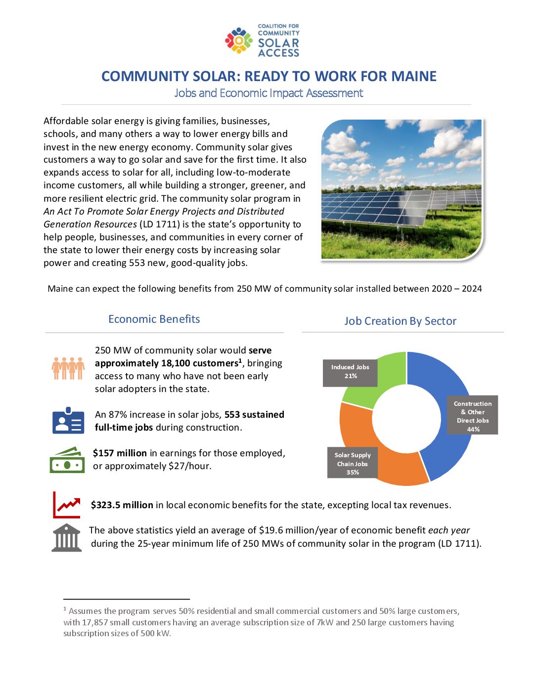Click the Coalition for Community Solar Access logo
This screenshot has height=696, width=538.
(x=263, y=41)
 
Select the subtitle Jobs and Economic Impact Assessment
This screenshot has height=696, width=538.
(x=269, y=93)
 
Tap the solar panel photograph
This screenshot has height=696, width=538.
(x=402, y=189)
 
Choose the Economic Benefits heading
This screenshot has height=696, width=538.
(x=154, y=319)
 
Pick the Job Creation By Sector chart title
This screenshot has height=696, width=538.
(x=400, y=321)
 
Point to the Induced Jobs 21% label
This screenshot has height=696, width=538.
(x=350, y=372)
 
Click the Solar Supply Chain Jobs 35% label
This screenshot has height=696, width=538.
(x=352, y=464)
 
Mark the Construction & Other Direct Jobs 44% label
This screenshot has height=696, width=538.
(x=472, y=416)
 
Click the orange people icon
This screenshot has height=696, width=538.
(x=68, y=368)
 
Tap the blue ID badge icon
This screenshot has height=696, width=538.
(x=68, y=421)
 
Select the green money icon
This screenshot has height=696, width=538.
(x=67, y=460)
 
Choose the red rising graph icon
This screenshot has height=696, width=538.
(x=67, y=505)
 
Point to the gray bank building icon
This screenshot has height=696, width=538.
(x=67, y=538)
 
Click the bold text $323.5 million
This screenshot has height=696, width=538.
(x=122, y=505)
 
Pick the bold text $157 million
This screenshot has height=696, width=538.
(x=120, y=453)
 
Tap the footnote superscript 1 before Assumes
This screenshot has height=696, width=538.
(x=65, y=609)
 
